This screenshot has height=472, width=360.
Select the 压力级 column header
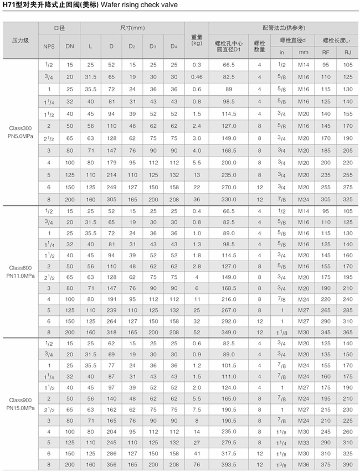point(20,40)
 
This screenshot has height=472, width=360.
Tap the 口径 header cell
point(59,28)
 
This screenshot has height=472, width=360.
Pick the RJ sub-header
point(348,52)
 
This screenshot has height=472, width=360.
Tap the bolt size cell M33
point(303,443)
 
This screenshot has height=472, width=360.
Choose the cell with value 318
point(111,331)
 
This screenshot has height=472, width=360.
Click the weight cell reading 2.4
point(197,126)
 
